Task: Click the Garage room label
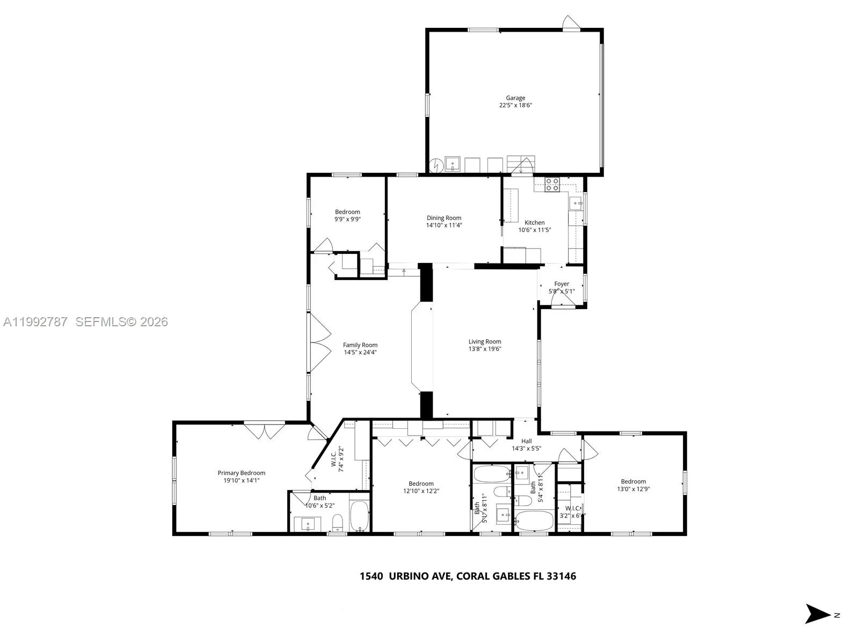click(515, 98)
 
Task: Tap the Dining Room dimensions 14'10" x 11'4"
click(444, 225)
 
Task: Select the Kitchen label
click(534, 223)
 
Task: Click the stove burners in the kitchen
click(552, 185)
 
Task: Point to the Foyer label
click(562, 284)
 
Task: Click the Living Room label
click(484, 341)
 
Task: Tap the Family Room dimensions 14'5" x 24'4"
click(360, 353)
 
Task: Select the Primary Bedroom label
click(241, 473)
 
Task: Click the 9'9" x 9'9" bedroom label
click(347, 212)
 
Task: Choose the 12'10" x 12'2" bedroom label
click(421, 484)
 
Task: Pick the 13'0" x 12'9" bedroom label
click(633, 481)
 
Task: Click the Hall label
click(526, 441)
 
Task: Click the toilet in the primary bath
click(338, 521)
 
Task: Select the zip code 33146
click(561, 576)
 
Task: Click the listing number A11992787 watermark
click(35, 322)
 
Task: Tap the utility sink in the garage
click(453, 164)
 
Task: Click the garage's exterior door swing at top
click(570, 23)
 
